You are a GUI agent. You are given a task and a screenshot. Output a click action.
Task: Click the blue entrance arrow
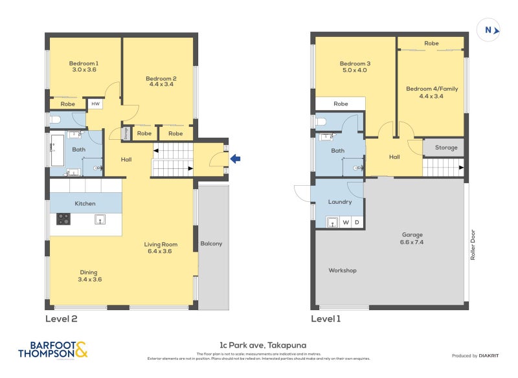[x=236, y=157]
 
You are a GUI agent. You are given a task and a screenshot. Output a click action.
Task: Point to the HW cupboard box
[x=95, y=104]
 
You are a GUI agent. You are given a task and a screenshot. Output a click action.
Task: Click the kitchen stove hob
[x=63, y=219]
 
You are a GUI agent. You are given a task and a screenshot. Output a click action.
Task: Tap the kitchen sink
[x=100, y=219]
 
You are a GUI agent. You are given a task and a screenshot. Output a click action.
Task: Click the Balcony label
[x=211, y=243]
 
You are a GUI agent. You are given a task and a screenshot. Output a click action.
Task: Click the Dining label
[x=89, y=272]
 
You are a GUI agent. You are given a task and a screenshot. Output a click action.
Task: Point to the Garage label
[x=412, y=235]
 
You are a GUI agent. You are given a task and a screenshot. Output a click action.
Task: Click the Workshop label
[x=343, y=270]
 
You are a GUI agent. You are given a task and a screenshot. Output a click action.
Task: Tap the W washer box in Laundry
[x=346, y=223]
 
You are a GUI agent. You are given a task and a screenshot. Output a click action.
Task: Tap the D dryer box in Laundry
[x=356, y=223]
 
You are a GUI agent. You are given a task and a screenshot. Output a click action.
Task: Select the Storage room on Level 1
[x=445, y=148]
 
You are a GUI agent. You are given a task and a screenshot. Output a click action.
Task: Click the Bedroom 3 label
[x=355, y=63]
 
